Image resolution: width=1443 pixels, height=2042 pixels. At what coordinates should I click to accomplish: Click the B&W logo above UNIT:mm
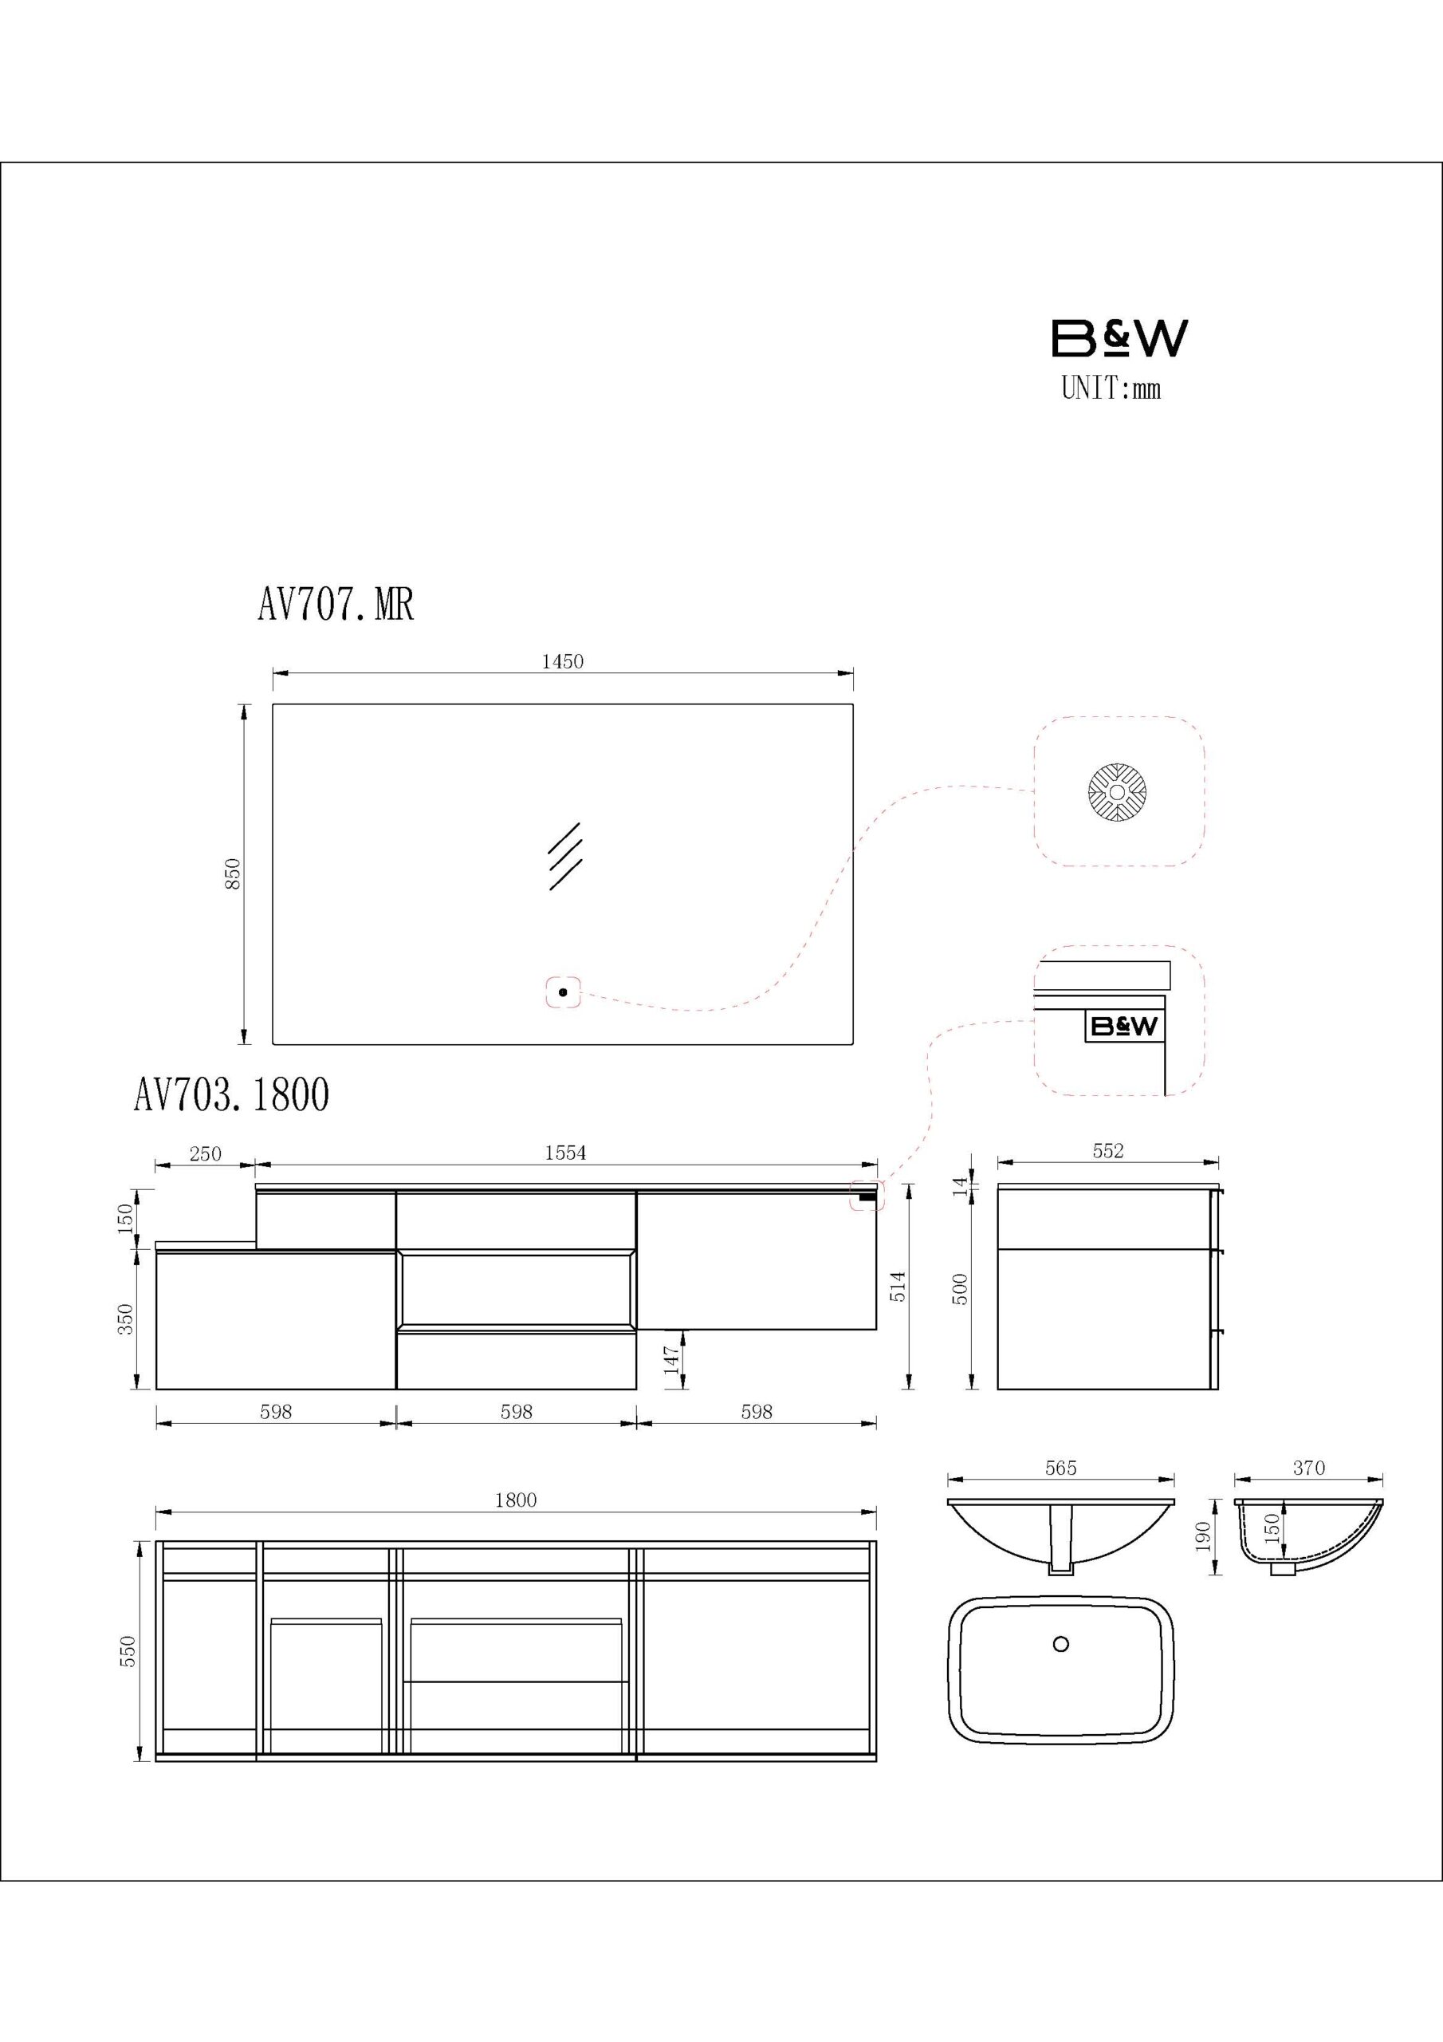[x=1119, y=338]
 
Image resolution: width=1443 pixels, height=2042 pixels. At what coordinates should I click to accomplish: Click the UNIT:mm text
[x=1111, y=388]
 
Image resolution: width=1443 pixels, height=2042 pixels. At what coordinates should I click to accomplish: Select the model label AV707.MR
[x=336, y=605]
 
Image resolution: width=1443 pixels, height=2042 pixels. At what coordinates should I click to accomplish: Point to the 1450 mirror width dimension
[x=563, y=662]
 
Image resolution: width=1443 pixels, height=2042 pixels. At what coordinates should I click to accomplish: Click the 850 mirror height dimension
[x=232, y=873]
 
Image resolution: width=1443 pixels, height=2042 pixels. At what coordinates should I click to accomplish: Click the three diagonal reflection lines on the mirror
[x=564, y=856]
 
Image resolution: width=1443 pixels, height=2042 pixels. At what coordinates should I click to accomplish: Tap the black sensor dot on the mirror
[x=563, y=991]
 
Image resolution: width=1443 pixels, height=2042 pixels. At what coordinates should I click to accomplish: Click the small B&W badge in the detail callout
[x=1124, y=1027]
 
